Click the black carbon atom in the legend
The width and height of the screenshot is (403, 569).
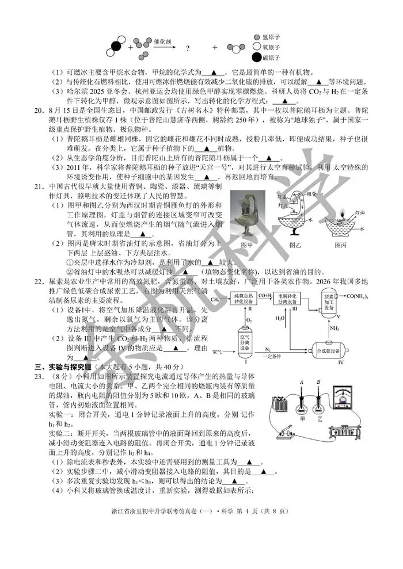(x=257, y=57)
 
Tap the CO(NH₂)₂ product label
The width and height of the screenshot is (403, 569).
(x=358, y=296)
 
